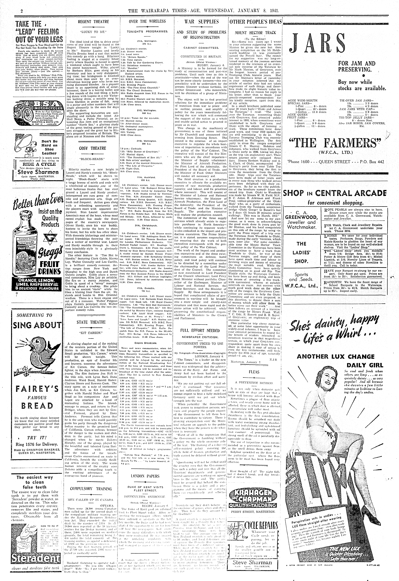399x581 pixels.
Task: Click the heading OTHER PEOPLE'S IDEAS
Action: [255, 22]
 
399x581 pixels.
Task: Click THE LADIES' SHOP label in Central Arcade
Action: [301, 252]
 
